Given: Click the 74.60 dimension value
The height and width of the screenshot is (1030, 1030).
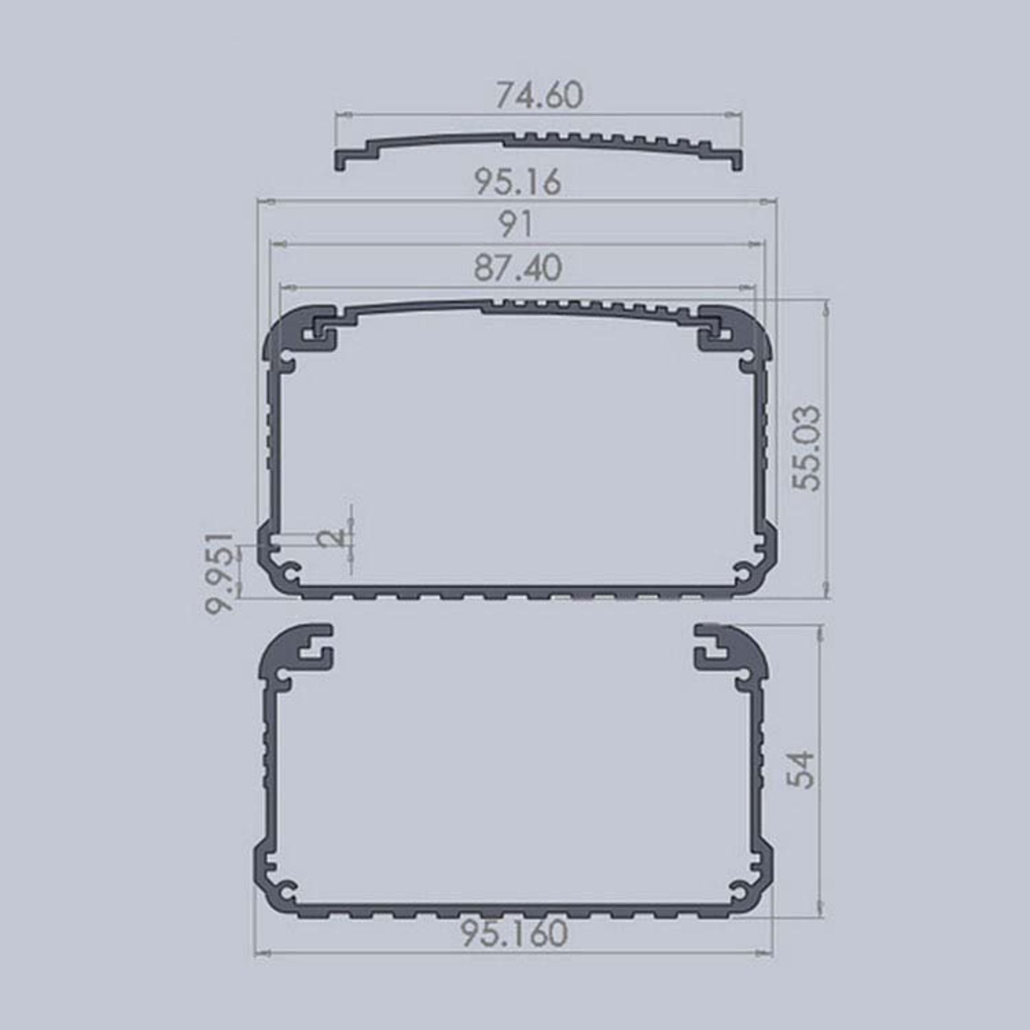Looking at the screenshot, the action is (x=539, y=95).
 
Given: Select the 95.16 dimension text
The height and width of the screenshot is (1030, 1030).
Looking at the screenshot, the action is (x=518, y=182).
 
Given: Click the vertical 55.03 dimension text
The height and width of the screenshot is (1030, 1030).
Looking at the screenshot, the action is (x=805, y=448).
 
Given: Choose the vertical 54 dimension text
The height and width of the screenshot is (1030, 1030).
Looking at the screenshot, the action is (x=801, y=769).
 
